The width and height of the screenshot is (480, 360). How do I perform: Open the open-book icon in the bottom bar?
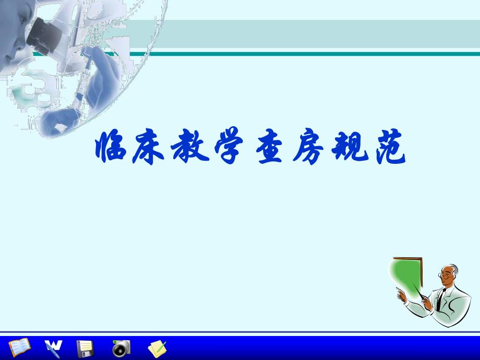tap(20, 347)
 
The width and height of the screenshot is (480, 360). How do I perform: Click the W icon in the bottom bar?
tap(53, 347)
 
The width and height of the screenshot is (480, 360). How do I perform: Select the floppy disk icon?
tap(85, 347)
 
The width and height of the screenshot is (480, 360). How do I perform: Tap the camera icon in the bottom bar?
tap(121, 347)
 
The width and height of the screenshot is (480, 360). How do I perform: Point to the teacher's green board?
tap(410, 279)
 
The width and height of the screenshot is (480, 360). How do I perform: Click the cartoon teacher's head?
tap(449, 275)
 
